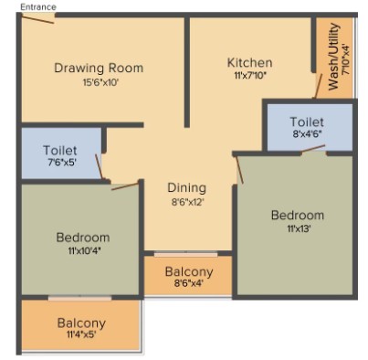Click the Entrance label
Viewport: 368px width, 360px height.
pyautogui.click(x=38, y=6)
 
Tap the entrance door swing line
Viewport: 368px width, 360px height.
pyautogui.click(x=38, y=19)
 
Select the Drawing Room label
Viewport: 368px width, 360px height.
pyautogui.click(x=99, y=68)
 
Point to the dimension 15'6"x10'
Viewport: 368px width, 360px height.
pyautogui.click(x=100, y=82)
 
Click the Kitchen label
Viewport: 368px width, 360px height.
pyautogui.click(x=249, y=63)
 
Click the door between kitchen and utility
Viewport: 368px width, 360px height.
pyautogui.click(x=318, y=86)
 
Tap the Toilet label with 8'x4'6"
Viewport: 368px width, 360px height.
pyautogui.click(x=307, y=122)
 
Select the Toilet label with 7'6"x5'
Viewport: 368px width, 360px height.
pyautogui.click(x=60, y=151)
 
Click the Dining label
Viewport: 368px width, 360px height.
pyautogui.click(x=187, y=188)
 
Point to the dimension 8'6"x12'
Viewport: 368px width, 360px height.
pyautogui.click(x=187, y=202)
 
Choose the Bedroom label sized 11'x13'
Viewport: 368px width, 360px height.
pyautogui.click(x=298, y=216)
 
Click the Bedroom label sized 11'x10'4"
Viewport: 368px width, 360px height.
pyautogui.click(x=83, y=238)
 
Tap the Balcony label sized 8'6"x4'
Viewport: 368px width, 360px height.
pyautogui.click(x=189, y=272)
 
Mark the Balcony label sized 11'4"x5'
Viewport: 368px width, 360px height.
pyautogui.click(x=81, y=323)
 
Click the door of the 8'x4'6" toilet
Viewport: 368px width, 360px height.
pyautogui.click(x=313, y=149)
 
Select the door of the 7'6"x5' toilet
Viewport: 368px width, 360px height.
pyautogui.click(x=99, y=166)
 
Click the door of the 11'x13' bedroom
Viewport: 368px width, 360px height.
pyautogui.click(x=239, y=170)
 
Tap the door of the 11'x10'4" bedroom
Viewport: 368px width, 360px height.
pyautogui.click(x=125, y=186)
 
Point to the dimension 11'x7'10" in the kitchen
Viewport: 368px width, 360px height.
pyautogui.click(x=250, y=76)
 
